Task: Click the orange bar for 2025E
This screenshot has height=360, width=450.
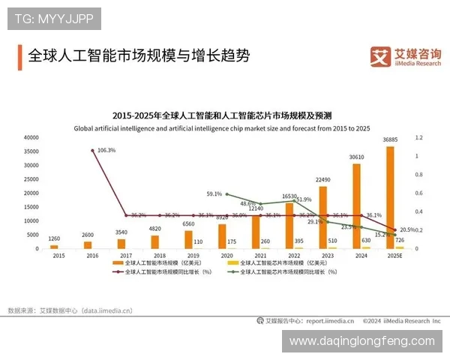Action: click(390, 197)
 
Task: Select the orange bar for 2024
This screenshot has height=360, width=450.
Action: click(356, 205)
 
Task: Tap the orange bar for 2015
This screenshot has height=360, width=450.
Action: click(53, 246)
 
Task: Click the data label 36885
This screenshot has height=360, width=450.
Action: click(390, 140)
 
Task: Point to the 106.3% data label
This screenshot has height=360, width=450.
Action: click(107, 150)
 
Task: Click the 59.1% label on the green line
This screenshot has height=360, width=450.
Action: click(214, 193)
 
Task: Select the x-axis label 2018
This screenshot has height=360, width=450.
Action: click(158, 256)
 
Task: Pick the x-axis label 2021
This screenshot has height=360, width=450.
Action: click(259, 256)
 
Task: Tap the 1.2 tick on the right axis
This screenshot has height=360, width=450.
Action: click(419, 138)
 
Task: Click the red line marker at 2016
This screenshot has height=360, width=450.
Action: click(91, 151)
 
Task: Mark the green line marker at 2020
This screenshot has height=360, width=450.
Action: click(226, 194)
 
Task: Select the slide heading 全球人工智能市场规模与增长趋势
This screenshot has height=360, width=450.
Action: click(139, 56)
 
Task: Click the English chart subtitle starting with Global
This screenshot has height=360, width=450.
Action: click(222, 128)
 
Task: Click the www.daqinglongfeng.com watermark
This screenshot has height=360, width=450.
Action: click(361, 340)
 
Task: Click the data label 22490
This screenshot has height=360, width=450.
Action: click(322, 180)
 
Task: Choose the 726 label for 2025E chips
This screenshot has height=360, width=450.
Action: click(400, 240)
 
